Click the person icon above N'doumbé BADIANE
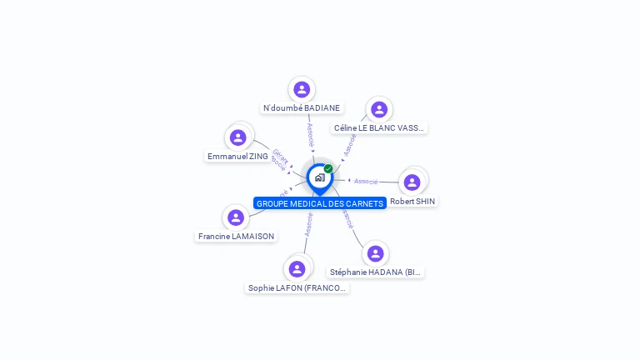coord(302,89)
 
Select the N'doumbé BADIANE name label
coord(302,108)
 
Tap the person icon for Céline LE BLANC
coord(379,109)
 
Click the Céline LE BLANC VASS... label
coord(379,128)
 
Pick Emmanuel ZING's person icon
coord(238,137)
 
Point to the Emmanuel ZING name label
coord(237,157)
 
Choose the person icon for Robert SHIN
coord(412,182)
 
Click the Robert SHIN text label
coord(412,202)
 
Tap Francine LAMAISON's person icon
coord(236,217)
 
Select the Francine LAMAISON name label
coord(237,237)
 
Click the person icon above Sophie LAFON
coord(297,268)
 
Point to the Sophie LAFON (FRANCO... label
coord(297,288)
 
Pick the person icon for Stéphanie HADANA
coord(375,253)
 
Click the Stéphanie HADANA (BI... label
coord(377,272)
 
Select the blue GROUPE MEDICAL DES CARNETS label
coord(320,203)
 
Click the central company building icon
coord(319,177)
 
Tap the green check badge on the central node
coord(328,169)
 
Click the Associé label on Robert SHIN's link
coord(366,181)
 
